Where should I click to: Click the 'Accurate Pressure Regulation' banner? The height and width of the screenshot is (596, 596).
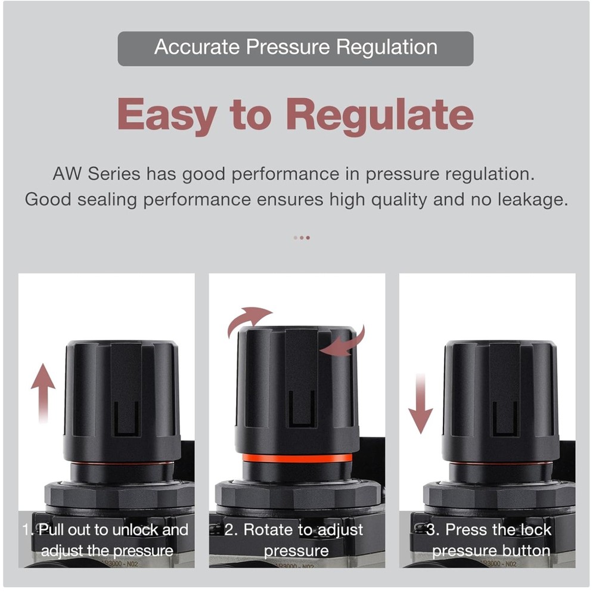296,48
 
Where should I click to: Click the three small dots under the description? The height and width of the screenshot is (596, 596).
302,237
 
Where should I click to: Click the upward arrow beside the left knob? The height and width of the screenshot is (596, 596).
43,394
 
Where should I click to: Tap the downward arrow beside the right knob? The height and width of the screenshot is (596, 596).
421,405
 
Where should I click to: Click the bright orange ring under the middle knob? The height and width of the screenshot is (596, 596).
297,458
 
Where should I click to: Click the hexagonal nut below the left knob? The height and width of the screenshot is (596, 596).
119,495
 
